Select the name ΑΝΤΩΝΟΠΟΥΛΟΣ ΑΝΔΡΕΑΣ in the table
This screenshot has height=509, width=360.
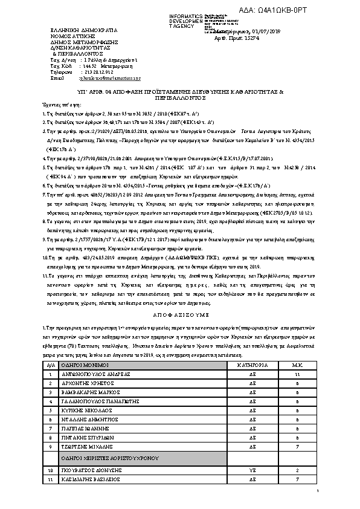[92, 375]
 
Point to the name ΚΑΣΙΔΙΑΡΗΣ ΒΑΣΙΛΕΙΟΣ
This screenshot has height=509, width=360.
[90, 479]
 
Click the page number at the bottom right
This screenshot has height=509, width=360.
[317, 497]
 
